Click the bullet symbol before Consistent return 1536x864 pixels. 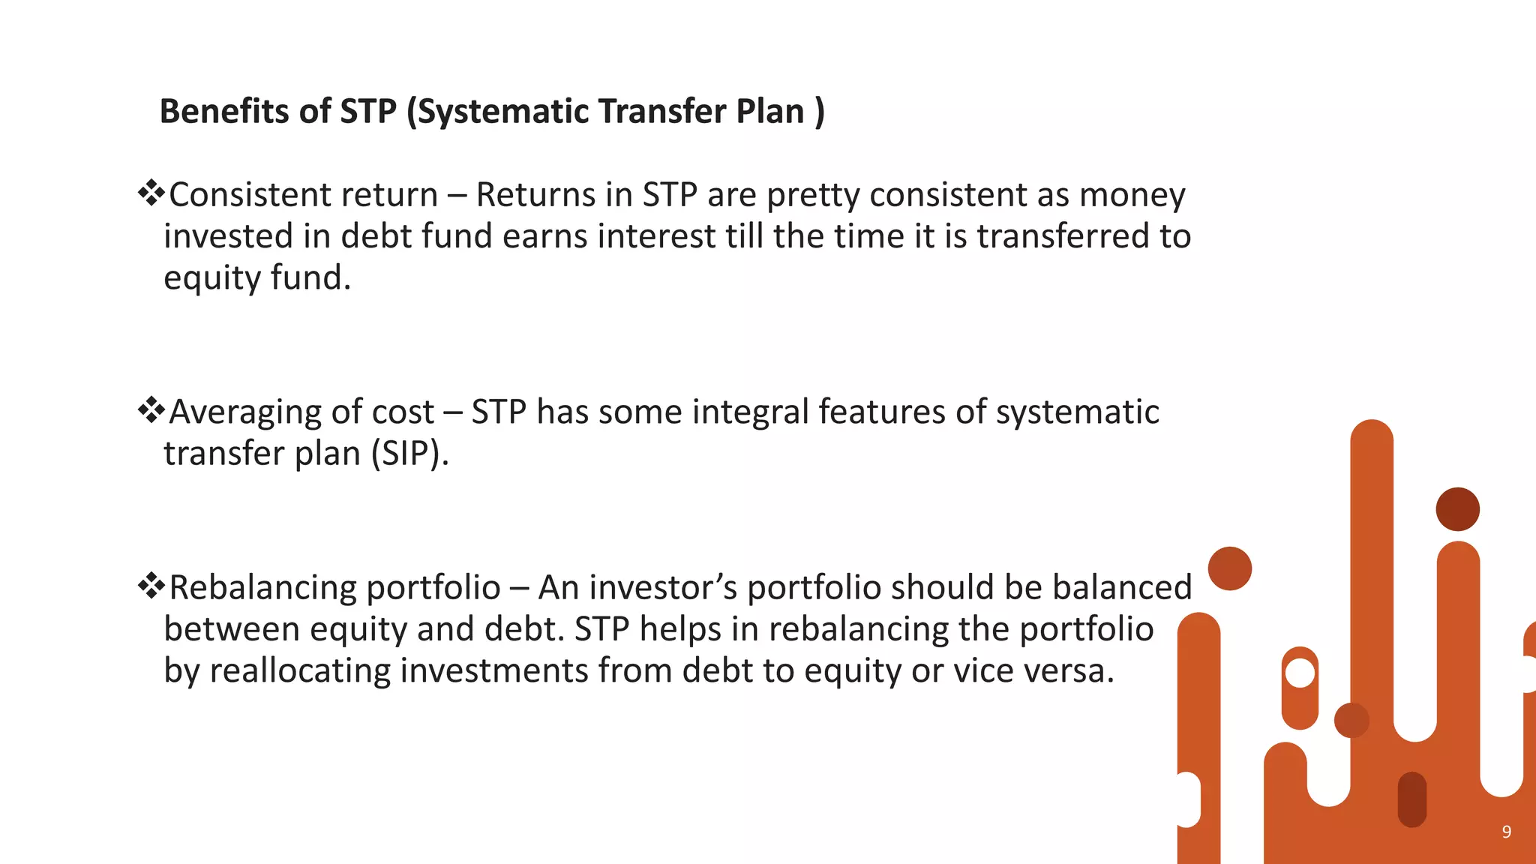point(151,193)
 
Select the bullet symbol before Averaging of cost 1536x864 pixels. point(151,409)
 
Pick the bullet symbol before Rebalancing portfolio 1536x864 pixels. point(151,585)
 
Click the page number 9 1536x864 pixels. point(1506,832)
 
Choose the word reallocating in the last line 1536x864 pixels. point(299,670)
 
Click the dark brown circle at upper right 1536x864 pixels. point(1457,509)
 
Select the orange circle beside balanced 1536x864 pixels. point(1230,568)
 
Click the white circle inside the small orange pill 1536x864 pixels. point(1300,673)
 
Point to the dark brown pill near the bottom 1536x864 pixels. point(1411,799)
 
